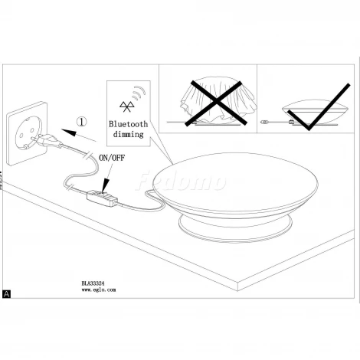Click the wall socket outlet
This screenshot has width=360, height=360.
pyautogui.click(x=27, y=133)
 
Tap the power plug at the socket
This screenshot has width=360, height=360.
pyautogui.click(x=48, y=141)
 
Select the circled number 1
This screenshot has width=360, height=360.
pyautogui.click(x=82, y=122)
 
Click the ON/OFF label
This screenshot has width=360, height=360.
pyautogui.click(x=112, y=158)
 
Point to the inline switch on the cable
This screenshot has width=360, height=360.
pyautogui.click(x=102, y=198)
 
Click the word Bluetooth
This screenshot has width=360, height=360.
pyautogui.click(x=129, y=124)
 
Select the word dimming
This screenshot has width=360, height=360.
pyautogui.click(x=128, y=134)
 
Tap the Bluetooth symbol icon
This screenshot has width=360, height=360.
pyautogui.click(x=126, y=106)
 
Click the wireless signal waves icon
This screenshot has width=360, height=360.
pyautogui.click(x=139, y=93)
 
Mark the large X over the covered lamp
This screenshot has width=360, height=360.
pyautogui.click(x=216, y=103)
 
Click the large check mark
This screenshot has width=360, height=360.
pyautogui.click(x=319, y=106)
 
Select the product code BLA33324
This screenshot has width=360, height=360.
pyautogui.click(x=93, y=283)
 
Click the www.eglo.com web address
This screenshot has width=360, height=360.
pyautogui.click(x=99, y=290)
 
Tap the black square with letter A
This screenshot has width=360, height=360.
pyautogui.click(x=6, y=294)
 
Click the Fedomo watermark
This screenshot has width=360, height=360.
pyautogui.click(x=181, y=181)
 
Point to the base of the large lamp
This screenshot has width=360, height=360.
pyautogui.click(x=235, y=228)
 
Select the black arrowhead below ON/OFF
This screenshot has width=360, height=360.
pyautogui.click(x=105, y=185)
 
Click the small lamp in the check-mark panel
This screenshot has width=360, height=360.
pyautogui.click(x=310, y=113)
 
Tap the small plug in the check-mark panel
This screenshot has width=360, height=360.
pyautogui.click(x=266, y=123)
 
